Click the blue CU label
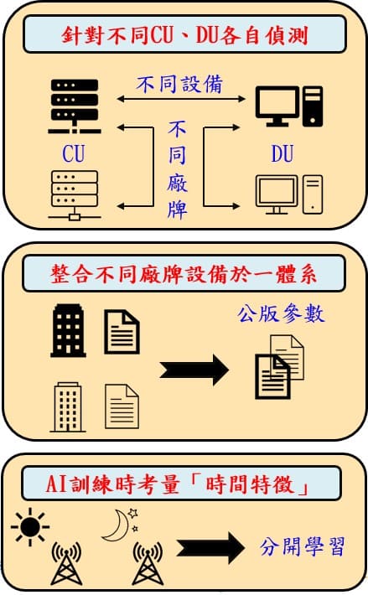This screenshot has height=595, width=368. (x=74, y=153)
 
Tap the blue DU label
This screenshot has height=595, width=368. (x=282, y=153)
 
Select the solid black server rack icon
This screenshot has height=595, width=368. (x=75, y=106)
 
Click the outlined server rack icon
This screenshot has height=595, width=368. (x=75, y=195)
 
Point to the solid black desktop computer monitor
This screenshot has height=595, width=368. (x=277, y=106)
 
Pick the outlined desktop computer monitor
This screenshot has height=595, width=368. (x=277, y=194)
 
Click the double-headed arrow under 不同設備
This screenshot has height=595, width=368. (x=181, y=99)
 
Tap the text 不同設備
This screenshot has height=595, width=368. (x=179, y=84)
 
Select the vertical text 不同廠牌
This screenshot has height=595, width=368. (x=177, y=169)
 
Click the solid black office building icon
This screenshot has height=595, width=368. (x=68, y=330)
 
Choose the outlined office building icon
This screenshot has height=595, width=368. (x=68, y=407)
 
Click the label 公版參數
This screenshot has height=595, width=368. (x=281, y=313)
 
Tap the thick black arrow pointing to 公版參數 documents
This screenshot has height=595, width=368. (x=194, y=370)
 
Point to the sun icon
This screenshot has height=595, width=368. (x=30, y=526)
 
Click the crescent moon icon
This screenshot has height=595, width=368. (x=117, y=525)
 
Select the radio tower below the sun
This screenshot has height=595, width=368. (x=66, y=563)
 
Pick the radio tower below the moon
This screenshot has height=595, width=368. (x=148, y=563)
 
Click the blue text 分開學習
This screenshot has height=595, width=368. (x=303, y=546)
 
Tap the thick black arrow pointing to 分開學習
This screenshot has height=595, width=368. (x=211, y=548)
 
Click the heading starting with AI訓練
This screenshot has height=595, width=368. (x=177, y=484)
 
